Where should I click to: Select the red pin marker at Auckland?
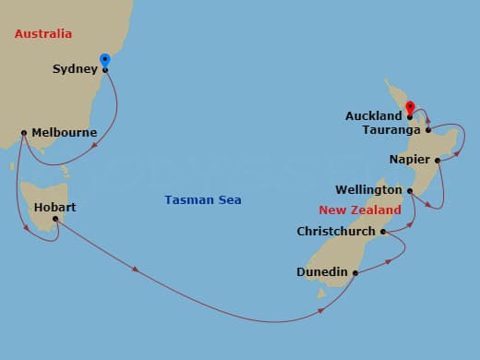tap(409, 108)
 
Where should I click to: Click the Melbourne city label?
tap(64, 133)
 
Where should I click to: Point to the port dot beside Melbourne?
tap(23, 133)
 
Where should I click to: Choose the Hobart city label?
tap(54, 207)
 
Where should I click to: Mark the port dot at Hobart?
tap(55, 219)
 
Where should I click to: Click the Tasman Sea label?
tap(197, 199)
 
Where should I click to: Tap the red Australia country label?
tap(43, 34)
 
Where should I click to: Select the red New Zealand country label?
tap(359, 210)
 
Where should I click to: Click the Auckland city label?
tap(373, 116)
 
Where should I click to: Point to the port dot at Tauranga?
tap(428, 130)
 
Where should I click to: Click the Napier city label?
tap(409, 159)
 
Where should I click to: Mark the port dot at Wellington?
tap(410, 191)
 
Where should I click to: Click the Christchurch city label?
tap(336, 232)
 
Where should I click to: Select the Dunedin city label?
tap(322, 272)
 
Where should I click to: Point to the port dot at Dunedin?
tap(355, 272)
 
